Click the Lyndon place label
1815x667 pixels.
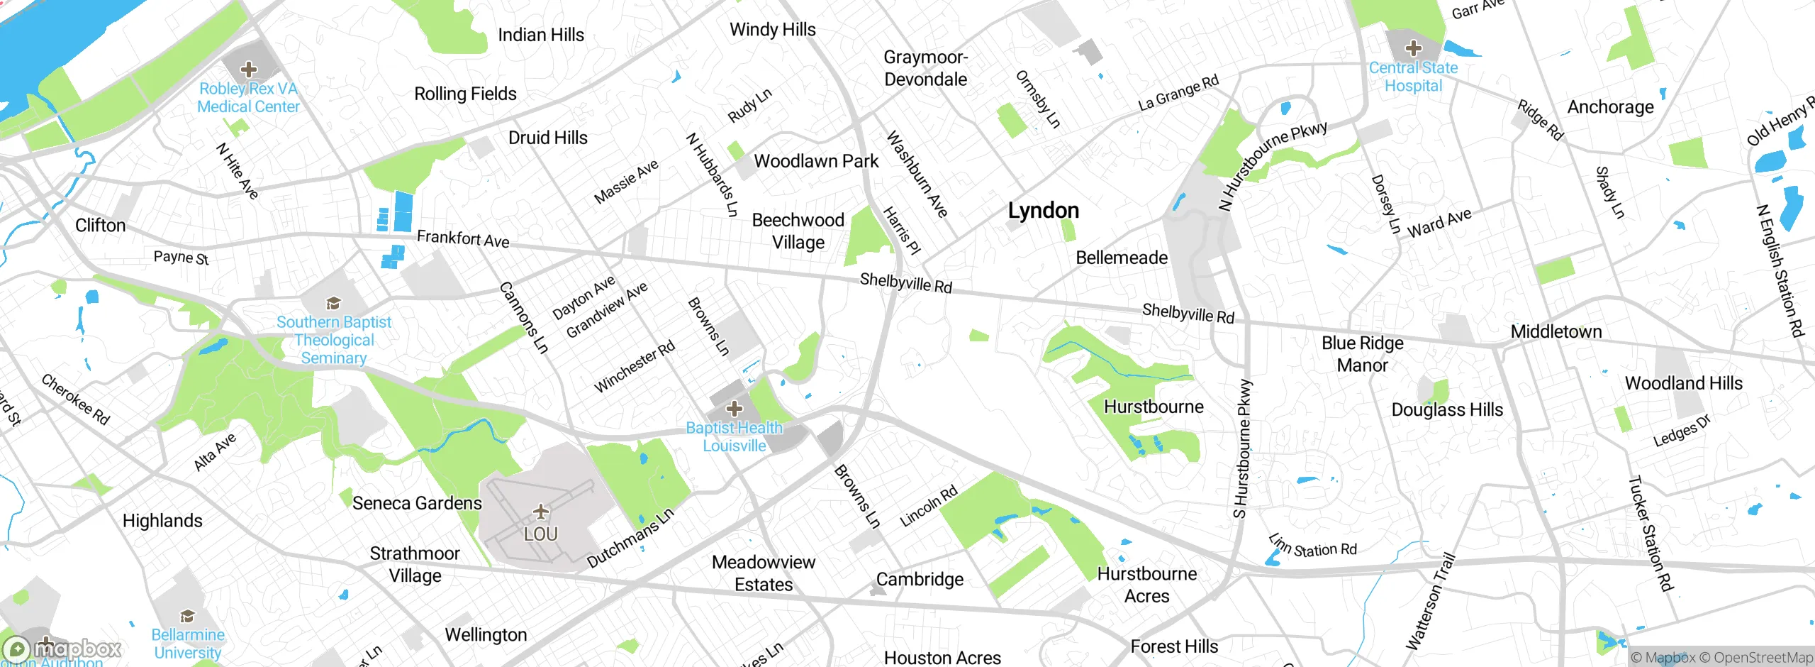point(1043,211)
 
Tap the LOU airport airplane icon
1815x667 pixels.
point(541,512)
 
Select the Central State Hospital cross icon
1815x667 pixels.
point(1413,48)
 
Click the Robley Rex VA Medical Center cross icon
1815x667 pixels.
point(248,70)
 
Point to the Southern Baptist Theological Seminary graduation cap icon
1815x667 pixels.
point(333,304)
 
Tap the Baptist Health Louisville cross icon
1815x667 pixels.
point(735,409)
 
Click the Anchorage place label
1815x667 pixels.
point(1610,107)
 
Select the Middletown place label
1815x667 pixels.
point(1556,331)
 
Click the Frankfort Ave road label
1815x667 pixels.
point(462,238)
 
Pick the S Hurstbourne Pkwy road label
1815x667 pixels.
point(1243,449)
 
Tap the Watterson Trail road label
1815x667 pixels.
point(1430,602)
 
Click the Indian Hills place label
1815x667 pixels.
point(540,35)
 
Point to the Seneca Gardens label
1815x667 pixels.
point(417,503)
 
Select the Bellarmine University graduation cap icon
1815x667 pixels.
point(187,615)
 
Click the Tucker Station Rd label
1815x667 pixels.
point(1650,534)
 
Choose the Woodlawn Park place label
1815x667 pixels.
point(816,161)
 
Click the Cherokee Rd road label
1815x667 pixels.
point(75,399)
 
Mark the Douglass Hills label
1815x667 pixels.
point(1446,410)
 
